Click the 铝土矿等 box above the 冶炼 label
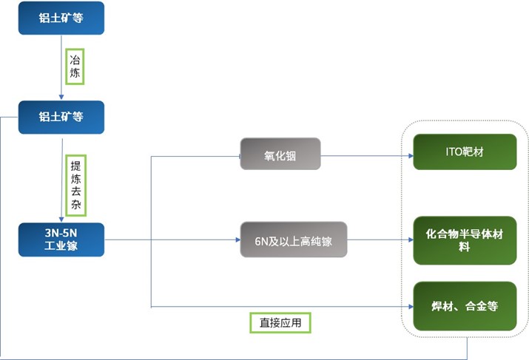point(61,18)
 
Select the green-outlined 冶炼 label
point(75,67)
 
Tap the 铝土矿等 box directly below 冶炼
point(61,116)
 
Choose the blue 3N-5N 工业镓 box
point(61,240)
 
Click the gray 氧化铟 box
point(280,154)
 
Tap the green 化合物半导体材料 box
point(464,240)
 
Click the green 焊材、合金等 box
point(464,305)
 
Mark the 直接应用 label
point(280,322)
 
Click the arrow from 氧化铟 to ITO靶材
point(365,156)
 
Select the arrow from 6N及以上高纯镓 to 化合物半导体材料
point(380,240)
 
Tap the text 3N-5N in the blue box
point(61,233)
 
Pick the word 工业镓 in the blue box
point(61,246)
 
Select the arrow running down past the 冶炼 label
point(61,67)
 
